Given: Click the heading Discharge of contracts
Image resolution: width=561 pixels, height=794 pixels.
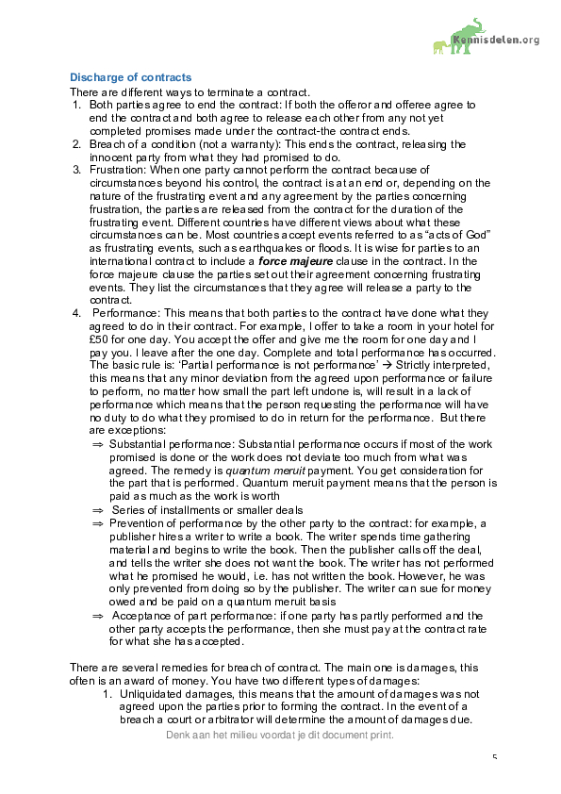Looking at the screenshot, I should [x=131, y=77].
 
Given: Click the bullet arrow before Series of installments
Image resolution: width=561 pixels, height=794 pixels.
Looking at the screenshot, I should [x=97, y=509].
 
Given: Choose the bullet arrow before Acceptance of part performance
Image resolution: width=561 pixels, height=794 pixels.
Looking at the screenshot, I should [x=97, y=615].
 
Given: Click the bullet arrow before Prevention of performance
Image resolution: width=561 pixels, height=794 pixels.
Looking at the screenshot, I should [x=97, y=522].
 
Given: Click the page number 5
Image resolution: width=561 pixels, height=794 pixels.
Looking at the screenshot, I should [x=494, y=757].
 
